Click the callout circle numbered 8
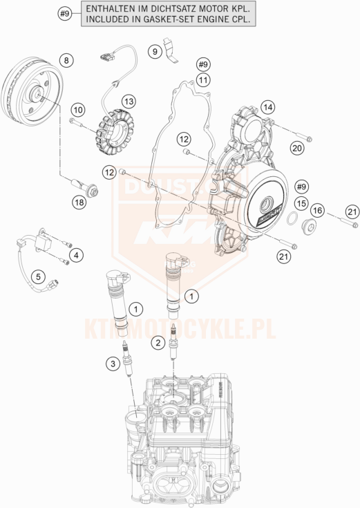[66, 61]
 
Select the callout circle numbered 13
[129, 101]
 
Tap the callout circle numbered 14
[267, 106]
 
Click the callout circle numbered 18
[80, 202]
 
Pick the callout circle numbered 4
[77, 256]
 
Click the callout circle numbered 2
[159, 341]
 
